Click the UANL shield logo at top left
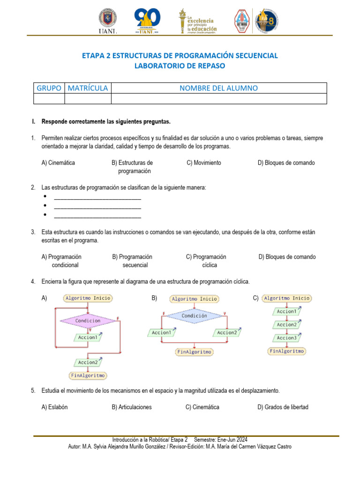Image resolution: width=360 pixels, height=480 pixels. coord(108,21)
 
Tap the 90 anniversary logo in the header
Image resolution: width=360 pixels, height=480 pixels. coord(148,21)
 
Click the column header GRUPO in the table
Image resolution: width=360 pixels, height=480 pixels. coord(49,88)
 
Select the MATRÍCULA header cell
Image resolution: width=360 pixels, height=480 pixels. coord(88,88)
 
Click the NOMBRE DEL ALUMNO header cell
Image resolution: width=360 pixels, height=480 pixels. coord(218,88)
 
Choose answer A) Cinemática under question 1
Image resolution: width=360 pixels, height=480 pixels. coord(58,163)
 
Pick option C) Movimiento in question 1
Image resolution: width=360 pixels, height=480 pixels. coord(204,163)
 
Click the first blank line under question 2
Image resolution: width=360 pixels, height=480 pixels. coord(97,197)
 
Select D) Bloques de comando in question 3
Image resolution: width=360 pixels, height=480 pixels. coord(287,257)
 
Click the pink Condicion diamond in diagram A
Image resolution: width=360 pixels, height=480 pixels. coord(88,321)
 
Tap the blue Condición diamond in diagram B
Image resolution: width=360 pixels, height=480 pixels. coord(194,316)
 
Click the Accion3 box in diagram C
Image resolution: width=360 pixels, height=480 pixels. coord(286,338)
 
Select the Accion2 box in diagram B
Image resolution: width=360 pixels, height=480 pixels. coord(227,332)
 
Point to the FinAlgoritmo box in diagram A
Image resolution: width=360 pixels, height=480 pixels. coord(88,375)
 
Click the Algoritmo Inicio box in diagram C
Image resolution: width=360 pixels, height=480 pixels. coord(286,298)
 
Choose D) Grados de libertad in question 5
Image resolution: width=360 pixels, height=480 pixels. coord(283,407)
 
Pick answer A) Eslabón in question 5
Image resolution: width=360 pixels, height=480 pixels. coord(54,407)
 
